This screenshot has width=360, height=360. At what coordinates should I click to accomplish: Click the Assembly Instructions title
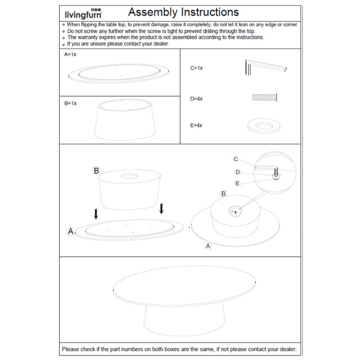click(x=183, y=12)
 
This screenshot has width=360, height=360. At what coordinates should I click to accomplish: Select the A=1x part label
click(x=70, y=55)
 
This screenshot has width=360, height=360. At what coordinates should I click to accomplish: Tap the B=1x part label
click(x=70, y=103)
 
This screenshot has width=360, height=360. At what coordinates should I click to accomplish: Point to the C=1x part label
click(x=196, y=68)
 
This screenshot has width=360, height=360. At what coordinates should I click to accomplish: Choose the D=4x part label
click(x=196, y=98)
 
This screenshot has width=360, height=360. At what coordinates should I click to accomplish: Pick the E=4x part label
click(x=196, y=125)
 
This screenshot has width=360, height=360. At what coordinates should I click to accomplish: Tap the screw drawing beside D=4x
click(x=264, y=98)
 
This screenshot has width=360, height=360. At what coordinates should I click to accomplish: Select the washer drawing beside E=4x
click(x=264, y=125)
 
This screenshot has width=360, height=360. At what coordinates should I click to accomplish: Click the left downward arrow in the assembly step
click(x=96, y=214)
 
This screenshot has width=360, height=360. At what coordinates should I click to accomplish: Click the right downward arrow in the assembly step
click(x=161, y=209)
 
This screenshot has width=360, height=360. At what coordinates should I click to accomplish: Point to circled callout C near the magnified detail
click(x=236, y=159)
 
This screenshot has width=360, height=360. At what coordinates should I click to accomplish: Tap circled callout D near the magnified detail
click(x=237, y=172)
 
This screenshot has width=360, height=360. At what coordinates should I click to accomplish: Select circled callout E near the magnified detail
click(x=237, y=183)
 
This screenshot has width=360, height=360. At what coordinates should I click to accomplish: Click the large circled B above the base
click(x=96, y=170)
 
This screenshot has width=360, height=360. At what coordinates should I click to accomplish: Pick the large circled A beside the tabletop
click(x=71, y=231)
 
